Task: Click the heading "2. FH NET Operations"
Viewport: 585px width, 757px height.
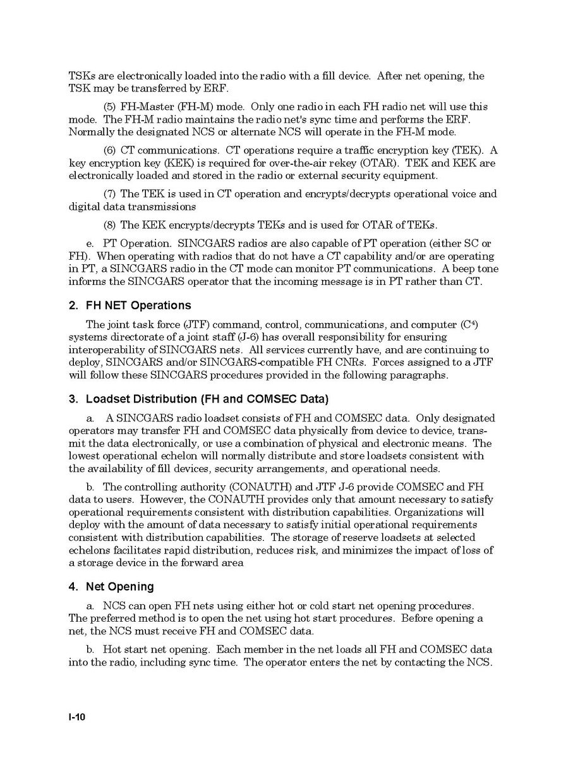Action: pos(130,306)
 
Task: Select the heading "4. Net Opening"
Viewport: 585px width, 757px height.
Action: pos(111,587)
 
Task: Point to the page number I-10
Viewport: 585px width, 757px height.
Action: pos(77,717)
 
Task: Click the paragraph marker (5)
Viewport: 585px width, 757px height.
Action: pos(110,107)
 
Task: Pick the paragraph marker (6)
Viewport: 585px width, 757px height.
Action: pos(110,150)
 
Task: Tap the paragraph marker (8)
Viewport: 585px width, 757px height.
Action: pos(110,225)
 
